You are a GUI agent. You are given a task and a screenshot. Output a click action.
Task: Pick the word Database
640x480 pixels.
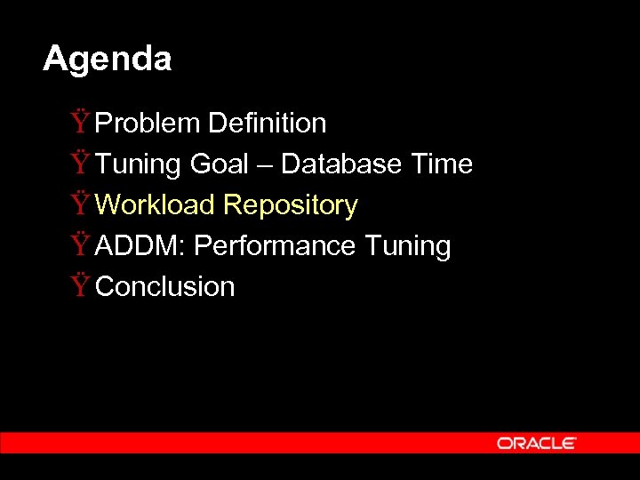coord(342,164)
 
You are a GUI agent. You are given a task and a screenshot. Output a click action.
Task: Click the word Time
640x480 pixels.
coord(442,164)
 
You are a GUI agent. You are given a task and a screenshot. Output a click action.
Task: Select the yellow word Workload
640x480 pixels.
coord(156,205)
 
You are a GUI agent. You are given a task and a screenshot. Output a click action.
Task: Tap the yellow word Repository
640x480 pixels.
coord(291,205)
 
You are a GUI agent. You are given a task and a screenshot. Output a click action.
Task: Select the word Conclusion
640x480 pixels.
coord(164,287)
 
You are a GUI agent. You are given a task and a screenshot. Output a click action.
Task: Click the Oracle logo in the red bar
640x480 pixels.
coord(536,443)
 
